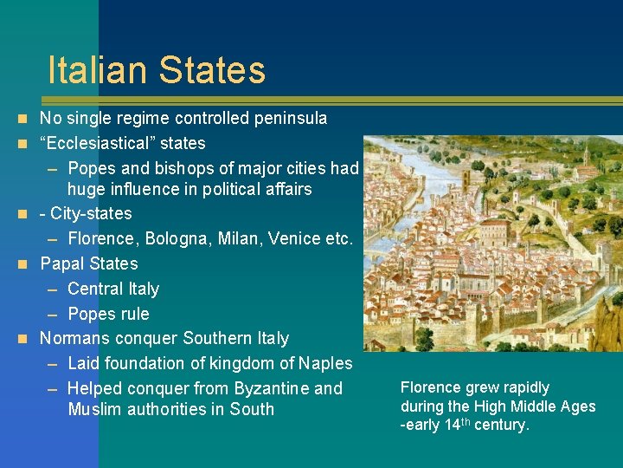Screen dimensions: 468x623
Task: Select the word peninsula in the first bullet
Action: click(288, 118)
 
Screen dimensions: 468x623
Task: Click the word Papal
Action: click(63, 263)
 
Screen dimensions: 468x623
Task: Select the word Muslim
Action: click(94, 409)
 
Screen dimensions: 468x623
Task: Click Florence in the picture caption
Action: click(432, 387)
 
